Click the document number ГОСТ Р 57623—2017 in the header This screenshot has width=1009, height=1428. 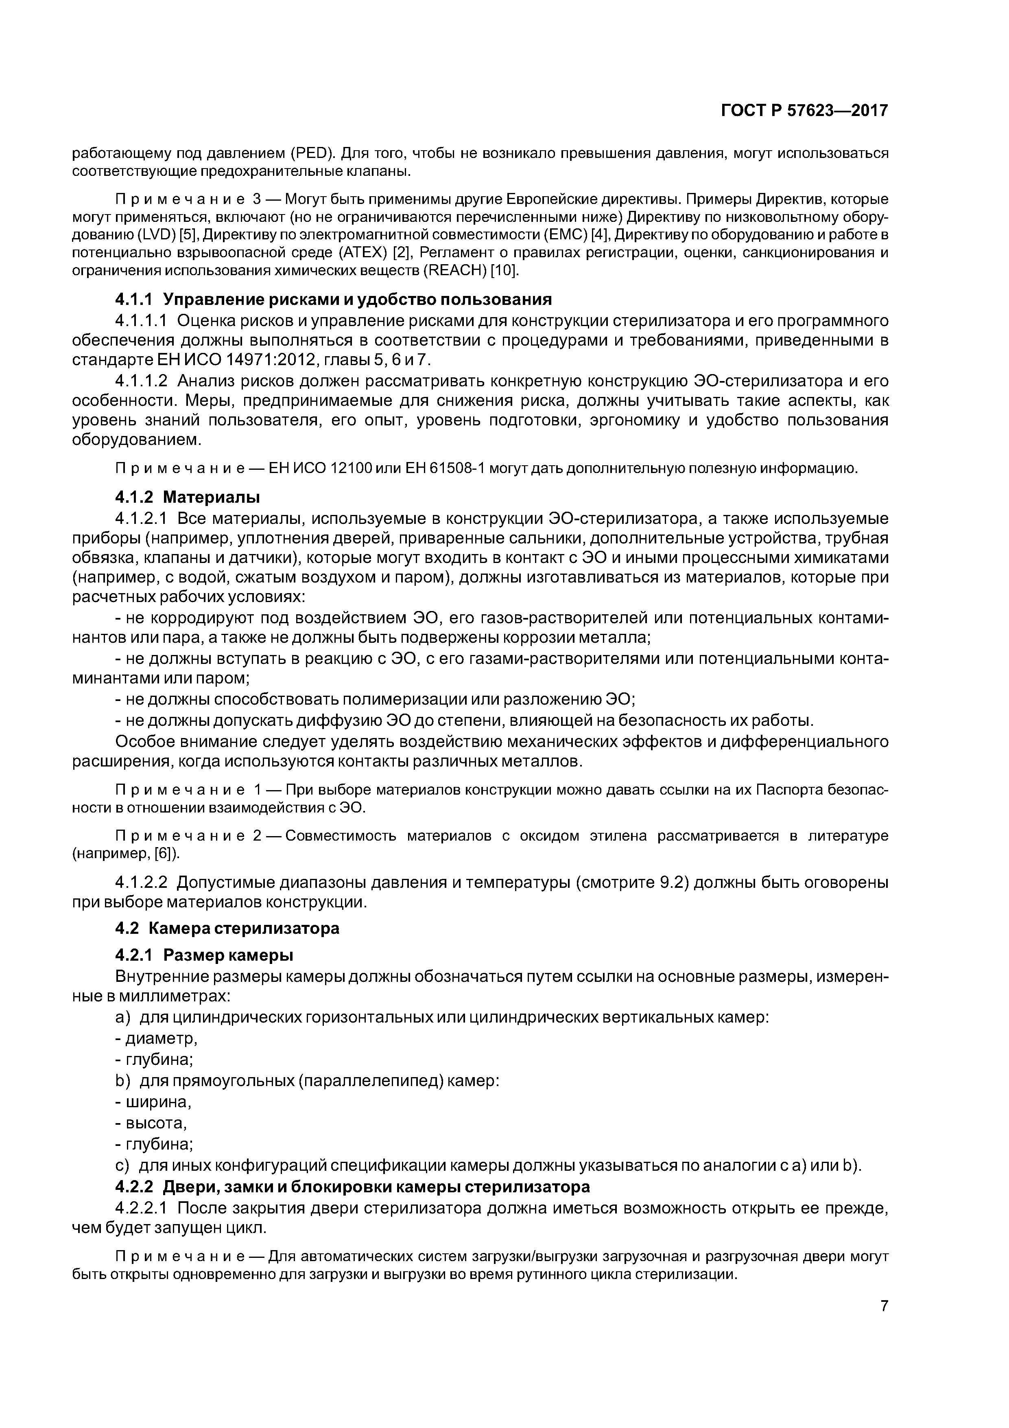[x=804, y=111]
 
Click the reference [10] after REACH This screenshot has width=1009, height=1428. [x=505, y=271]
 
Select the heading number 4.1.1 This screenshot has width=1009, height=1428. [x=134, y=300]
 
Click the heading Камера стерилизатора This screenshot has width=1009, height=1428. [x=251, y=929]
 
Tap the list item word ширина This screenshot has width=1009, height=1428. [x=158, y=1102]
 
